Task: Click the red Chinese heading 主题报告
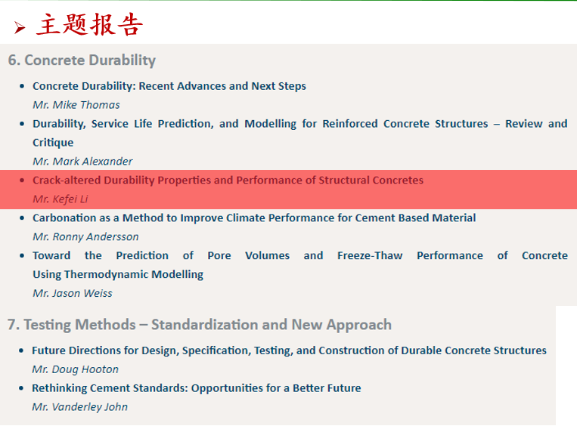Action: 89,25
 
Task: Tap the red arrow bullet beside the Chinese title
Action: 20,27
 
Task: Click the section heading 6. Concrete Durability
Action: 82,60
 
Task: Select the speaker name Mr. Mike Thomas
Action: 76,105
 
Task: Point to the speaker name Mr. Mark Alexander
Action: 82,162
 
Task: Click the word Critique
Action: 53,143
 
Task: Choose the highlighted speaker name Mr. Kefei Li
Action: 60,199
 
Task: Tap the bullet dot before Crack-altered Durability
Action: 22,180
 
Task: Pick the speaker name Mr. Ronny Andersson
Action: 85,236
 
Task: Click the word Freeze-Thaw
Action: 370,255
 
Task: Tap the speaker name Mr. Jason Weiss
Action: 73,293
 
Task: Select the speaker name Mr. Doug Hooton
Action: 75,369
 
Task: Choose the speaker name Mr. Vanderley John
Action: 79,407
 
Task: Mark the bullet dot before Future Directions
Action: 21,350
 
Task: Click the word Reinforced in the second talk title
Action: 350,124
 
